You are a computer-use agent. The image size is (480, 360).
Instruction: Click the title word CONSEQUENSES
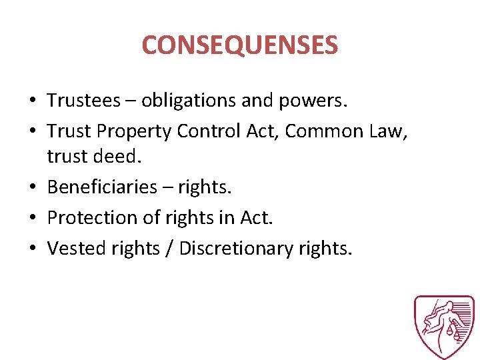pyautogui.click(x=240, y=45)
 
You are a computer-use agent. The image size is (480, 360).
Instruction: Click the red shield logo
pyautogui.click(x=443, y=327)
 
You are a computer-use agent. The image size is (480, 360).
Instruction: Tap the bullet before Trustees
pyautogui.click(x=32, y=101)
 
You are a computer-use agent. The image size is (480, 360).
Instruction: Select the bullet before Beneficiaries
pyautogui.click(x=32, y=187)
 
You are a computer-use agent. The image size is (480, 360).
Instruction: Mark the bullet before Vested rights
pyautogui.click(x=32, y=249)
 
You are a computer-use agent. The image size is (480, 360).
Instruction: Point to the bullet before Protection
pyautogui.click(x=32, y=218)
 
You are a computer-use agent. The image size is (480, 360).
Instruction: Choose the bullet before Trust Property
pyautogui.click(x=32, y=132)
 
